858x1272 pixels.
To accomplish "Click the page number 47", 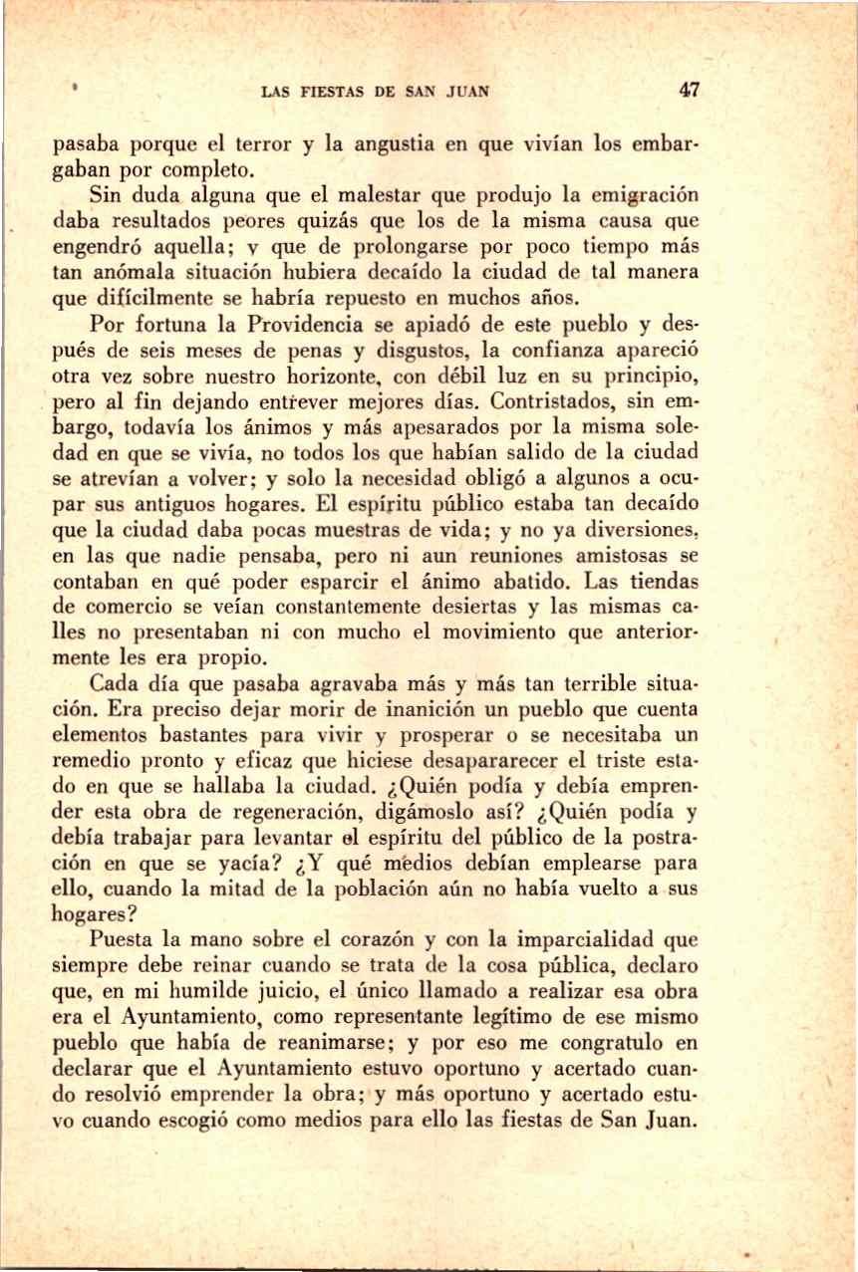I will point(690,90).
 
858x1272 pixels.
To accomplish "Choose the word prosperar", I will point(400,738).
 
